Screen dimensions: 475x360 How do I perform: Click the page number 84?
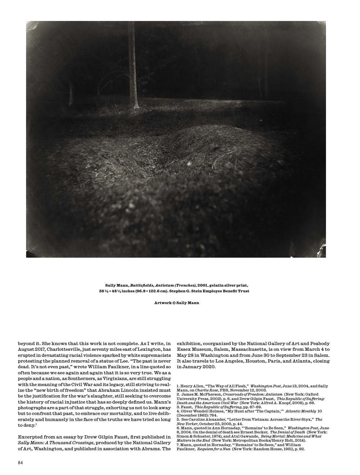click(20, 462)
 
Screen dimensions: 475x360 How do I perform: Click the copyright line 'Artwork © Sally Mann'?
click(177, 303)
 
